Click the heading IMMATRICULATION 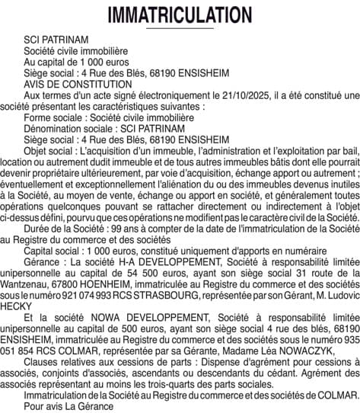[x=180, y=14]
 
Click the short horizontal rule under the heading [x=180, y=30]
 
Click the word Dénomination [x=53, y=130]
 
